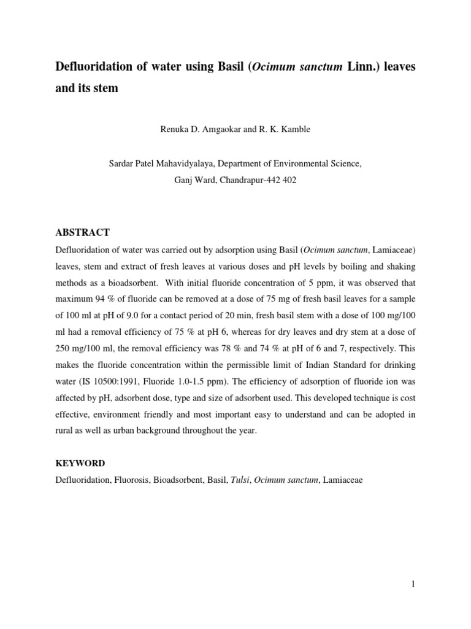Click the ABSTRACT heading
[x=82, y=232]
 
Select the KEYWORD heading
[x=80, y=463]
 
